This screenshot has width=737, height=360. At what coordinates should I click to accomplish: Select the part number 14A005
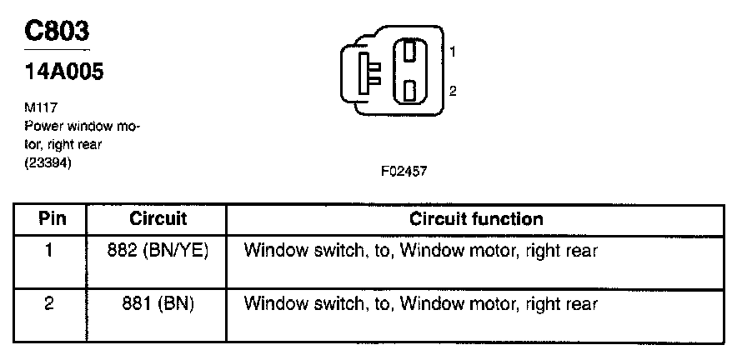pyautogui.click(x=64, y=72)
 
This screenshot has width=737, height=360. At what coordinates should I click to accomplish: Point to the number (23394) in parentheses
pyautogui.click(x=50, y=164)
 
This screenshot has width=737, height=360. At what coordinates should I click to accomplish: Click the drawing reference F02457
pyautogui.click(x=404, y=171)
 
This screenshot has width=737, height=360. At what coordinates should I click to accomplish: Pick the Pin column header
pyautogui.click(x=49, y=219)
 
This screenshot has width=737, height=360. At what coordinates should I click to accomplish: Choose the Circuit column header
pyautogui.click(x=158, y=219)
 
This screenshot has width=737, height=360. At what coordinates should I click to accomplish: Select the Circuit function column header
pyautogui.click(x=476, y=219)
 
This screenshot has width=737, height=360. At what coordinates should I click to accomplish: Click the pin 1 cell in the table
pyautogui.click(x=49, y=250)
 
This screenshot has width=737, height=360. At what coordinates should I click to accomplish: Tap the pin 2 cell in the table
pyautogui.click(x=49, y=304)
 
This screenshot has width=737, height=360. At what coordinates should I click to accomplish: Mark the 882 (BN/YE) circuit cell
pyautogui.click(x=158, y=250)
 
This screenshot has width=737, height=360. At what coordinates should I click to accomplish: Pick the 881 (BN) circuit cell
pyautogui.click(x=158, y=304)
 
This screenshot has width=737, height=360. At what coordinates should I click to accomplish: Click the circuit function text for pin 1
pyautogui.click(x=421, y=250)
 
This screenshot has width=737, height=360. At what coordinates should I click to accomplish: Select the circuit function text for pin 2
pyautogui.click(x=421, y=304)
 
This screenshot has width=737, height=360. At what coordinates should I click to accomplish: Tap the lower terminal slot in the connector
pyautogui.click(x=409, y=89)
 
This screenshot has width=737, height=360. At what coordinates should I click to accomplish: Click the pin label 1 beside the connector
pyautogui.click(x=452, y=52)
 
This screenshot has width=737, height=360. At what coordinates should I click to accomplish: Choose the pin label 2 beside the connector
pyautogui.click(x=452, y=91)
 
